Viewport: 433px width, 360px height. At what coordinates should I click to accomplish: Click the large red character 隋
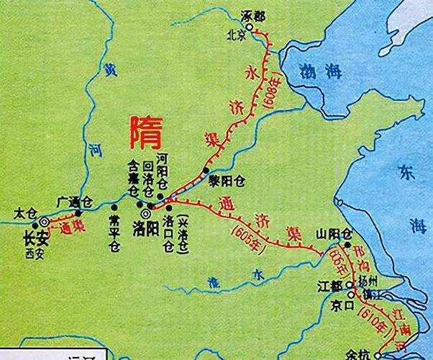145,132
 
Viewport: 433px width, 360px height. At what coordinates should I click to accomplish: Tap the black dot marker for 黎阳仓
207,171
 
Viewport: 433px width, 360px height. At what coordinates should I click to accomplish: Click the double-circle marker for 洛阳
145,214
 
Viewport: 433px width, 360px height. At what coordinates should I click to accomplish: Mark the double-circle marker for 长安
44,222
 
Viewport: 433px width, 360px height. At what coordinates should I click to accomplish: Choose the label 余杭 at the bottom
373,354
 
